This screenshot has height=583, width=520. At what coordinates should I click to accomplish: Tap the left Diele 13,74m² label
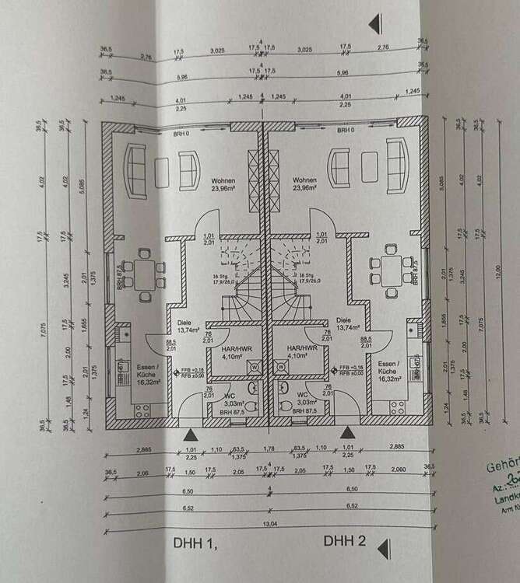(x=185, y=325)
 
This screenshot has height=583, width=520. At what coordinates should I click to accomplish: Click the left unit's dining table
(x=145, y=272)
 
